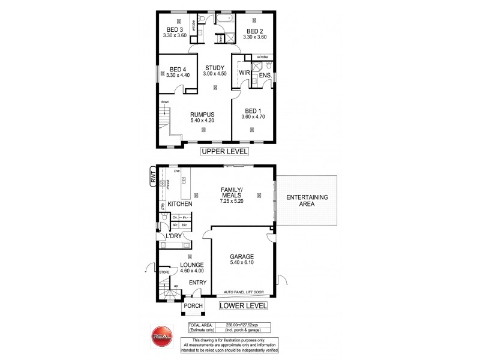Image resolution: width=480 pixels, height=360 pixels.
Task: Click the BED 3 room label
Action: tap(175, 29)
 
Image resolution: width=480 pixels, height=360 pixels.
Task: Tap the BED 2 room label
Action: tap(254, 31)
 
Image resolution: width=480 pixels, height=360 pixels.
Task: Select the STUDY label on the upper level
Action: tap(214, 67)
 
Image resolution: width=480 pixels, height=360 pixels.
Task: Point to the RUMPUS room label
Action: tap(202, 115)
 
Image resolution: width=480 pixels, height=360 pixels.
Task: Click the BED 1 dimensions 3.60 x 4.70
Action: tap(253, 118)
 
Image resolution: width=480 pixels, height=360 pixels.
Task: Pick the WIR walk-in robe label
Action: tap(244, 73)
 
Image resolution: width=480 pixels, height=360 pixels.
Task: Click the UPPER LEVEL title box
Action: tap(224, 152)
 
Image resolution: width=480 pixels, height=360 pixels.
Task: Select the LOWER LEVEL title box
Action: tap(242, 305)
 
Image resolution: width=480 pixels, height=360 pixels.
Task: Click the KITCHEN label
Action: tap(179, 205)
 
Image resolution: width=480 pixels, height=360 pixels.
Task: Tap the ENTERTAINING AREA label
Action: tap(306, 201)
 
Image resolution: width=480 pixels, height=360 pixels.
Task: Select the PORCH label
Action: tap(193, 305)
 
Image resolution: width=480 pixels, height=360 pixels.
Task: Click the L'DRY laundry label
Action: tap(173, 237)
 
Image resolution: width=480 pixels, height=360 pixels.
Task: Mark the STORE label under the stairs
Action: tap(164, 272)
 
